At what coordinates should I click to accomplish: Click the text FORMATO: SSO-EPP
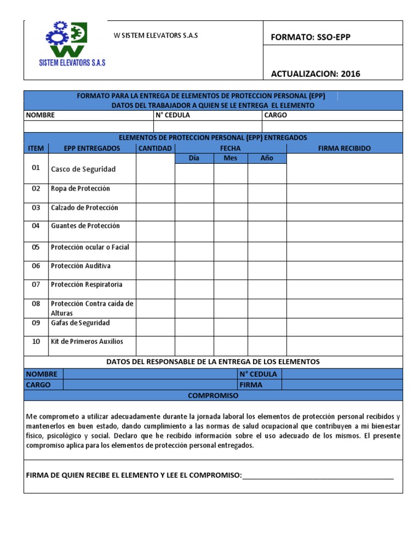tap(310, 37)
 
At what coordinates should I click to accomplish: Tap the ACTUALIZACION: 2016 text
tap(315, 74)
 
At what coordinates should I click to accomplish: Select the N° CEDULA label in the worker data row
tap(173, 115)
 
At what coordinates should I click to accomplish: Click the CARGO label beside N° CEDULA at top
tap(276, 115)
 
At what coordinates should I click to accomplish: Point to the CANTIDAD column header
tap(155, 148)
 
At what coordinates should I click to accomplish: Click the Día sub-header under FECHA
tap(194, 158)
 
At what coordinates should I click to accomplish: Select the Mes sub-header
tap(230, 158)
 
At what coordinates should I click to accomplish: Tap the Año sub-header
tap(266, 158)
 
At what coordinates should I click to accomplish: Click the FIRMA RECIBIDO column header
tap(344, 148)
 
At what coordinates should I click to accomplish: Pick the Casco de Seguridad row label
tap(83, 169)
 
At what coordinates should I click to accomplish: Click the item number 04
tap(36, 225)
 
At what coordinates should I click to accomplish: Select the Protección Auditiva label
tap(81, 266)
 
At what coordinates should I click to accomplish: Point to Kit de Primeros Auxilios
tap(87, 341)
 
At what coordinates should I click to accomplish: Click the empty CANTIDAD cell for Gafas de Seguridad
tap(155, 326)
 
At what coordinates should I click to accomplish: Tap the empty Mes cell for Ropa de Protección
tap(230, 192)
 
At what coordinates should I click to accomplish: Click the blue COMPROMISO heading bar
tap(213, 395)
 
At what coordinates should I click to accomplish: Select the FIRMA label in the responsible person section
tap(250, 384)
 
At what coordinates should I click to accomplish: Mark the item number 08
tap(36, 304)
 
